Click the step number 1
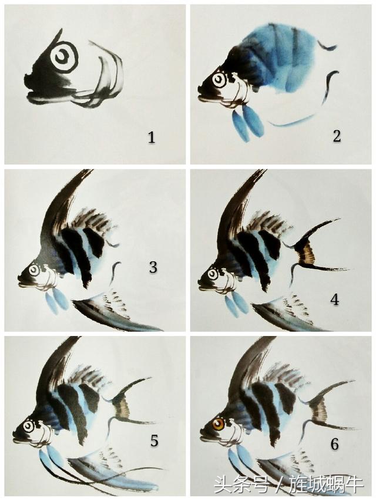click(151, 137)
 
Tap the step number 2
click(337, 136)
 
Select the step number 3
click(153, 267)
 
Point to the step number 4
click(335, 300)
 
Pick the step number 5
click(155, 441)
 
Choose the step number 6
click(334, 445)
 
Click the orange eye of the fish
click(219, 425)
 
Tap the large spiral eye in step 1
click(64, 58)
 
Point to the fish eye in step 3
click(34, 271)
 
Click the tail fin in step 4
click(313, 249)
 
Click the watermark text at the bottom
click(288, 485)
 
